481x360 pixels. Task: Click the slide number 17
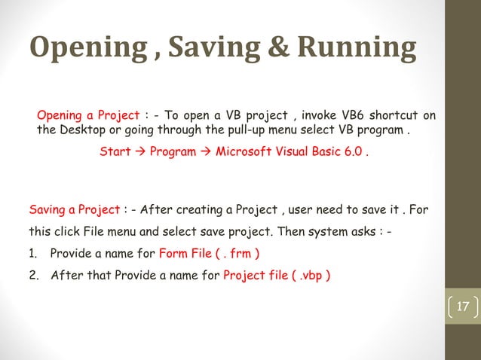462,307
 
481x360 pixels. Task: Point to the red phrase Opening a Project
88,115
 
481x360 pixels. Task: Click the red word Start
115,151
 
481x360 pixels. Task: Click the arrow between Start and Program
140,151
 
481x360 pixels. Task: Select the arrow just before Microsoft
206,151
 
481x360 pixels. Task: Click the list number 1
33,252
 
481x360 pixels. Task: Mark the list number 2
33,274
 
